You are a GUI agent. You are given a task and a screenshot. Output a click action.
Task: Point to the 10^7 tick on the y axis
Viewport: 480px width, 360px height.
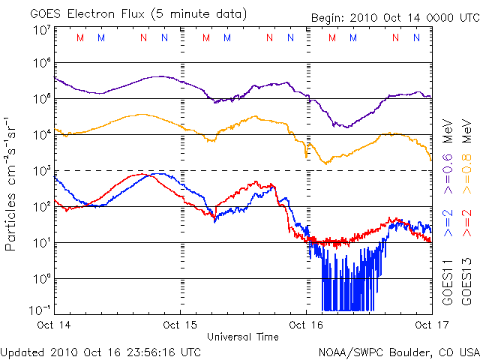pos(41,30)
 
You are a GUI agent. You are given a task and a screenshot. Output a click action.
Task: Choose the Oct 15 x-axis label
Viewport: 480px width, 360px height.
pos(180,325)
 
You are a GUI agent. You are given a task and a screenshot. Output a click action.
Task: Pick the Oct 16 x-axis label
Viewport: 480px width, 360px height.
pos(305,325)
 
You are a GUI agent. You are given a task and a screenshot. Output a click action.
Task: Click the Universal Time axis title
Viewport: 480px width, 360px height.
pos(243,337)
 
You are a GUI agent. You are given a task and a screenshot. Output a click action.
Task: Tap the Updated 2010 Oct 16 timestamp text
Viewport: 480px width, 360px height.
pos(102,351)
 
